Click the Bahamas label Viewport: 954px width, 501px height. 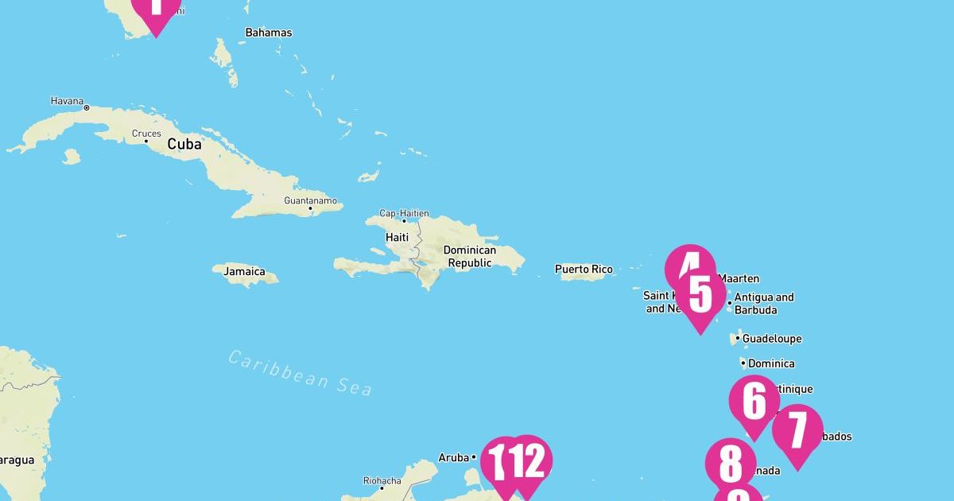point(268,33)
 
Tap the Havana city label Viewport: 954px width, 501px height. point(67,101)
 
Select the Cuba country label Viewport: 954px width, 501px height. point(184,145)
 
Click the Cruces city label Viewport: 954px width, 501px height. point(146,134)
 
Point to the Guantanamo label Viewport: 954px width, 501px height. point(310,200)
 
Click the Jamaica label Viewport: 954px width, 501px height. point(244,271)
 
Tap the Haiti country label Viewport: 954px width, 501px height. point(397,237)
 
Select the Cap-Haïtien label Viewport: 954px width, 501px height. point(404,213)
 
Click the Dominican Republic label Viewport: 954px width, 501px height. point(470,256)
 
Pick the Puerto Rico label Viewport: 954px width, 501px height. point(584,270)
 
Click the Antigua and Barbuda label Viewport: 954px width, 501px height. point(763,303)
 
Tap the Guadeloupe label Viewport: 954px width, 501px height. point(771,339)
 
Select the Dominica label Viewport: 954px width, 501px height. point(770,363)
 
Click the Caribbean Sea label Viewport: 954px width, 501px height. point(301,371)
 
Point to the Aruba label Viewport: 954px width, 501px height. point(453,457)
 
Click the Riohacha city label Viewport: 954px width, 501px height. point(382,480)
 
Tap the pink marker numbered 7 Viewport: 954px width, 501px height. point(797,430)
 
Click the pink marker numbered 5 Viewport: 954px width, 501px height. point(700,296)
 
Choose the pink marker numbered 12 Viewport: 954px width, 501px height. point(529,461)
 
